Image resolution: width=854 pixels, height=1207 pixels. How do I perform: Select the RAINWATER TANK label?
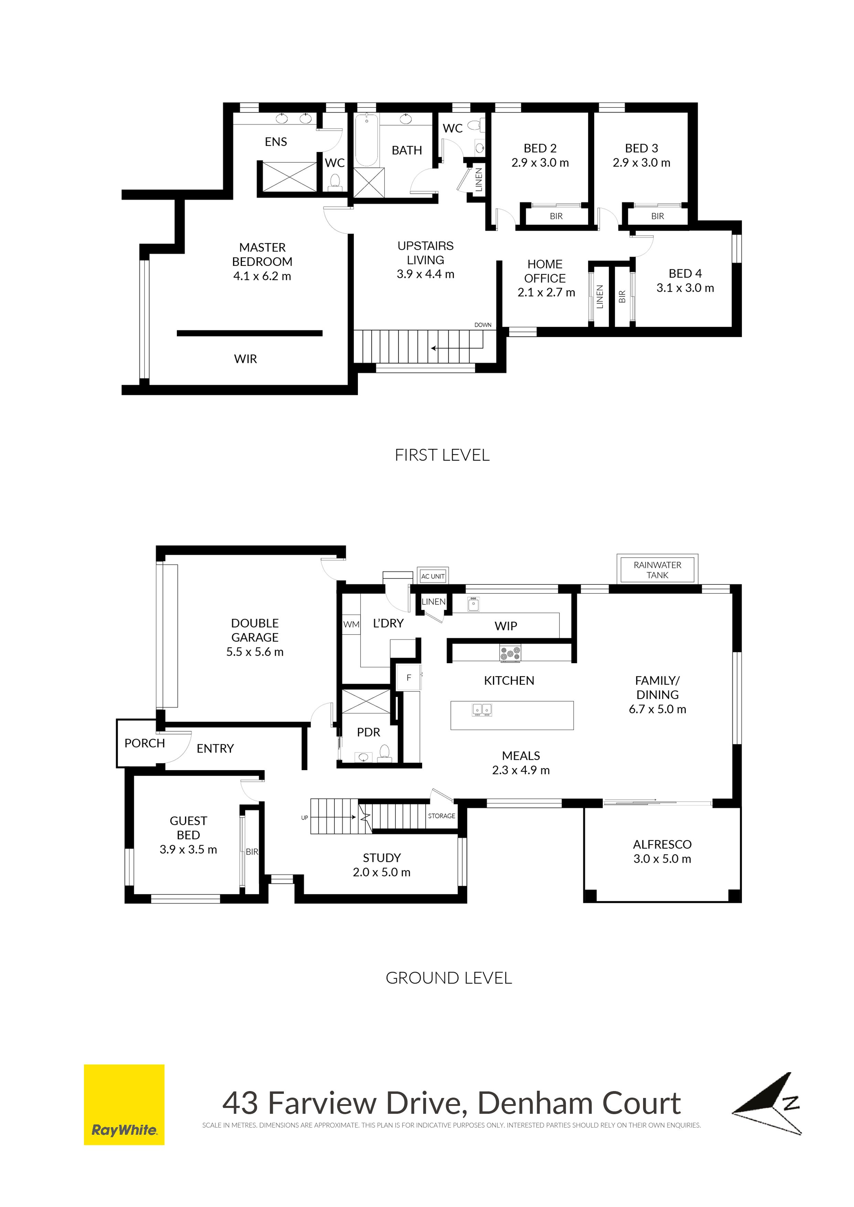657,570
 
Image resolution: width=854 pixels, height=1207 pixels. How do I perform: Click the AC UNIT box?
433,576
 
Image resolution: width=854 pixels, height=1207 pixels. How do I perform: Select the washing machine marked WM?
351,625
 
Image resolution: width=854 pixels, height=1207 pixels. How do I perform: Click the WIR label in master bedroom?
246,359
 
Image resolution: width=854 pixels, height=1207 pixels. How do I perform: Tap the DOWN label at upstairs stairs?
483,325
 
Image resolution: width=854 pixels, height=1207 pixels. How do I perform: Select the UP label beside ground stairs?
305,818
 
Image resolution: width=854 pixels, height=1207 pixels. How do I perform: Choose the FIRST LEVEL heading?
442,455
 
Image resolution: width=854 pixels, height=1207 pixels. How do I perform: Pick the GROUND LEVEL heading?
449,978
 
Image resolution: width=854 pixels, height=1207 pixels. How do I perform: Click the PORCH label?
145,743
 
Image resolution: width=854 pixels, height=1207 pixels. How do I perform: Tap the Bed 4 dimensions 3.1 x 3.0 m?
685,288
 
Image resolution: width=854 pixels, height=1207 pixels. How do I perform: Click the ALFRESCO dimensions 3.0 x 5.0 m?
662,859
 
